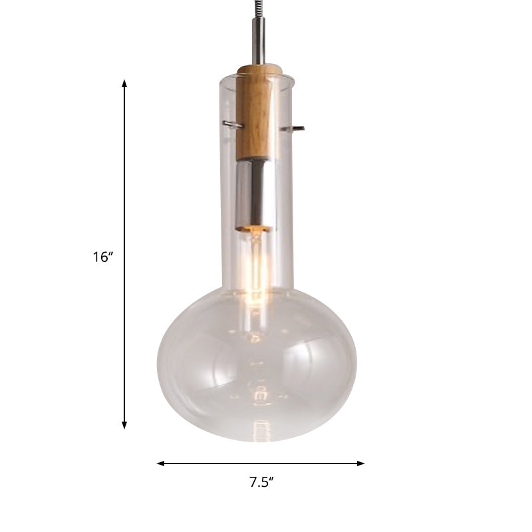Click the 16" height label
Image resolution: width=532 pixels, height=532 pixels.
pyautogui.click(x=104, y=257)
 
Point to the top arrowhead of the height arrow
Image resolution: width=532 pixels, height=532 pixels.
pyautogui.click(x=124, y=83)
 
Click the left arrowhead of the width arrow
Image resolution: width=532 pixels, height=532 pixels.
pyautogui.click(x=160, y=463)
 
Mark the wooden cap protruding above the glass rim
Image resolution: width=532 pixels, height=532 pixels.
pyautogui.click(x=257, y=70)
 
